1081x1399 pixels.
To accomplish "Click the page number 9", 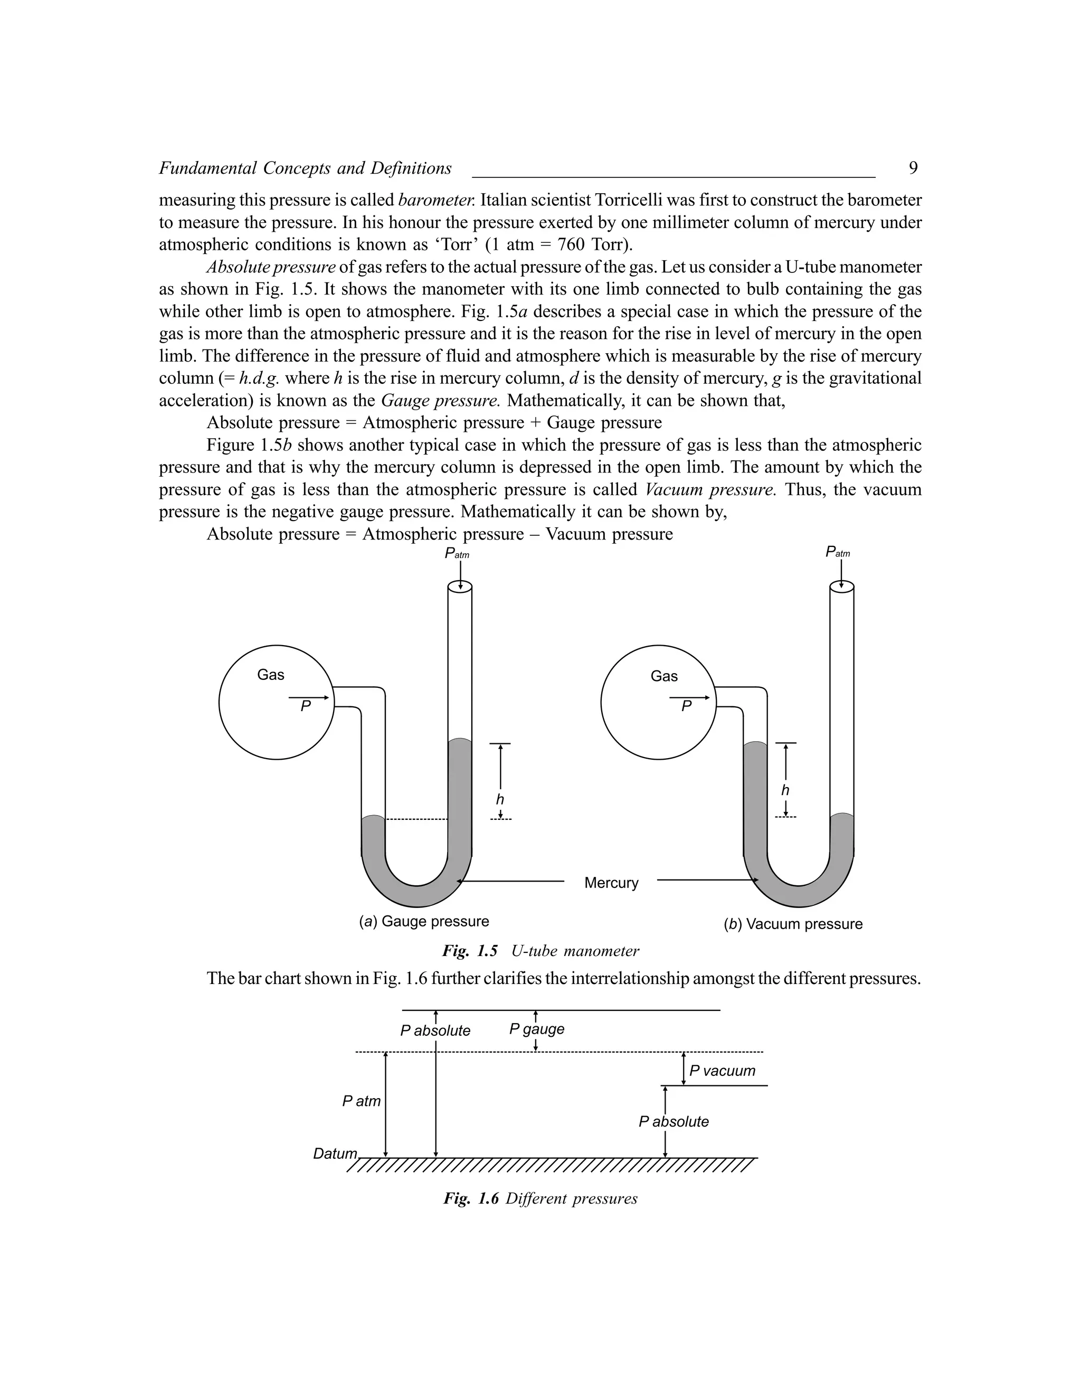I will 913,168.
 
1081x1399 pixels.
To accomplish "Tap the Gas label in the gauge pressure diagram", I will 270,675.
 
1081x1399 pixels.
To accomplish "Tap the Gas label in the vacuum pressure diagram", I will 663,676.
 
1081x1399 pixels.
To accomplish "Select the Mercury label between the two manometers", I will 611,883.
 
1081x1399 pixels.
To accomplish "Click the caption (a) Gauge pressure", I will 423,921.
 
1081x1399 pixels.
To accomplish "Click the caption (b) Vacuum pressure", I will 793,924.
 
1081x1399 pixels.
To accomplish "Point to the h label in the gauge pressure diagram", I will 499,799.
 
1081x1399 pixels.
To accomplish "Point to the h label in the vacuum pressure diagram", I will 785,790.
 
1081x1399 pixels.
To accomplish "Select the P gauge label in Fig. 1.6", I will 537,1029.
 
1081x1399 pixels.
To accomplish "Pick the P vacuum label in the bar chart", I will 723,1071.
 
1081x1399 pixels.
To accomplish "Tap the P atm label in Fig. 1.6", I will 361,1101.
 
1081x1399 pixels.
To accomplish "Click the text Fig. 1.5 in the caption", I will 469,951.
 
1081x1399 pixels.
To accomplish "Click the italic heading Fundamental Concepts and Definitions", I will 305,168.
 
